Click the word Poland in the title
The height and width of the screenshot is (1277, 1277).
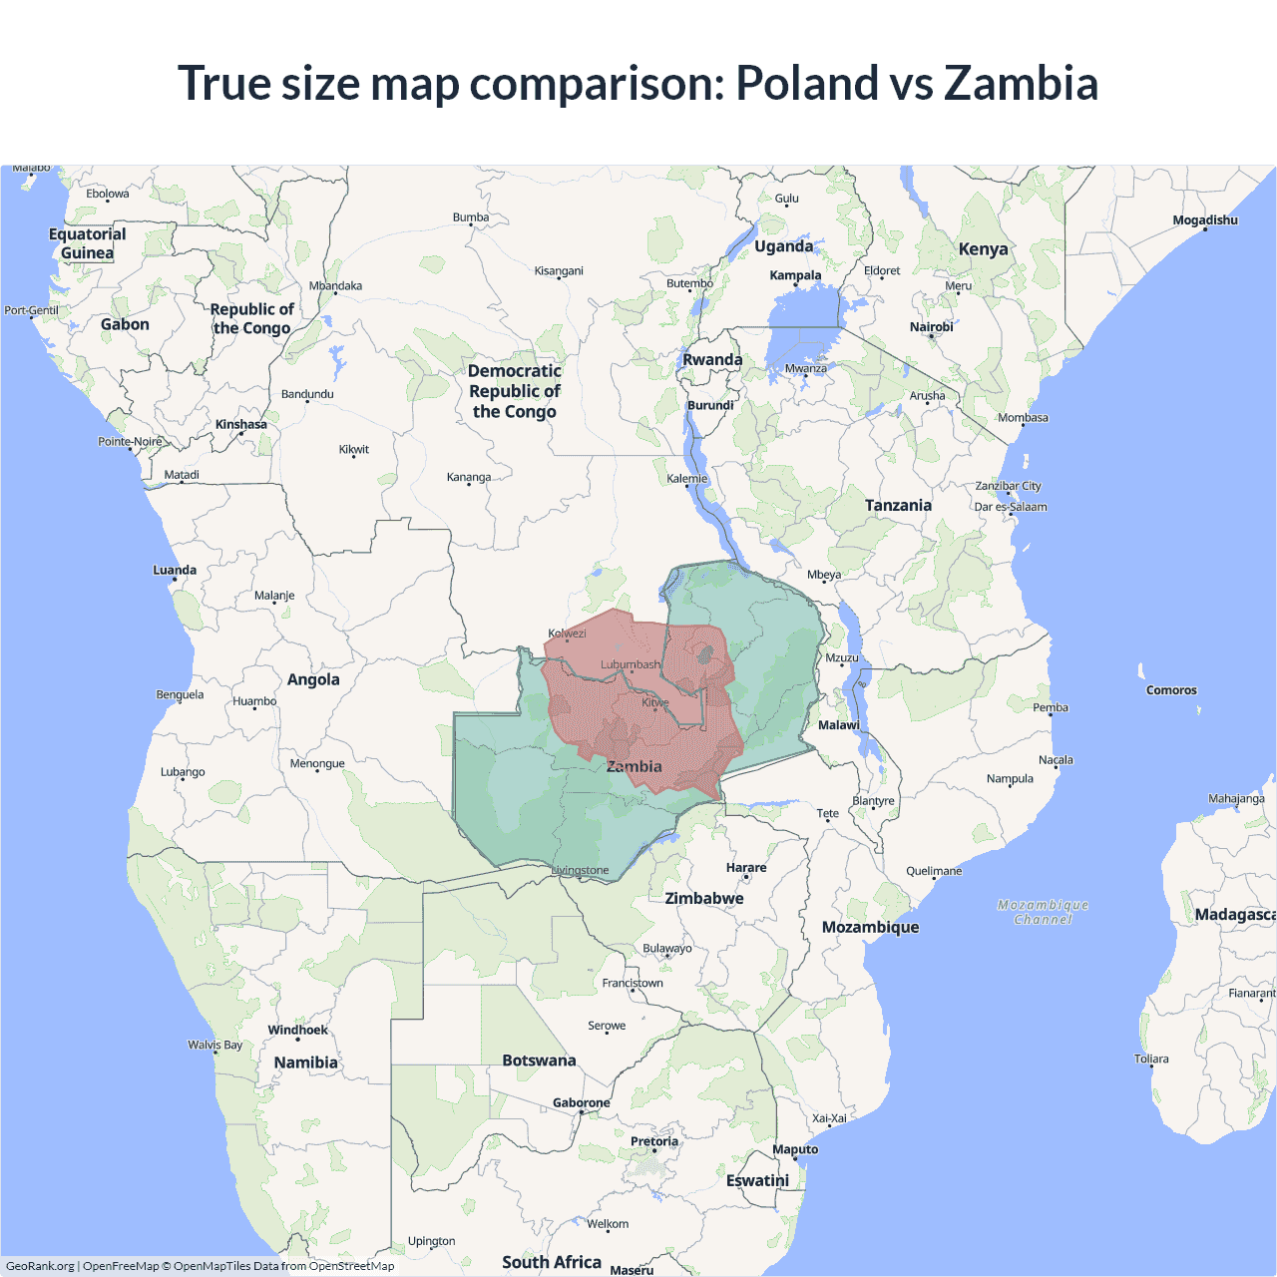tap(806, 83)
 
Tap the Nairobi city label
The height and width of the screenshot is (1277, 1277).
tap(931, 327)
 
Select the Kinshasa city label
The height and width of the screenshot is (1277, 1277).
tap(241, 424)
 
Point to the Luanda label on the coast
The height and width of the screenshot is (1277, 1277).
tap(175, 571)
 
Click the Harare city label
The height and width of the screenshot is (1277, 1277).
tap(746, 868)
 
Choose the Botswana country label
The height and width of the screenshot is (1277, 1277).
tap(539, 1061)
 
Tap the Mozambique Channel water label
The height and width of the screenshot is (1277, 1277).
tap(1043, 912)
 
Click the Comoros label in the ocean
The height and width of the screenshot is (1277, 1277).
tap(1171, 690)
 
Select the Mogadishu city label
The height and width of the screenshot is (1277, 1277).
tap(1205, 220)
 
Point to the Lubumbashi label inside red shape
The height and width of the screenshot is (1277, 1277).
tap(631, 664)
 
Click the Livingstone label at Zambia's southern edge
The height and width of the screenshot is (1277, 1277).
tap(581, 871)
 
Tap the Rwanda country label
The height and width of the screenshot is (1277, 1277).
tap(712, 360)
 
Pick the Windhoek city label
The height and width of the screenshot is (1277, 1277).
tap(297, 1031)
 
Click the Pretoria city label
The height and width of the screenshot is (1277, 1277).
tap(654, 1141)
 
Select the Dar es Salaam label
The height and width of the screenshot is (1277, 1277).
tap(1011, 507)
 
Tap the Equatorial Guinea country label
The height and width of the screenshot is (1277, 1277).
tap(88, 243)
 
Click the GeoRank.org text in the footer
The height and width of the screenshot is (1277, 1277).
tap(40, 1266)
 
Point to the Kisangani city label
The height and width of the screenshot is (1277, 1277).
tap(559, 271)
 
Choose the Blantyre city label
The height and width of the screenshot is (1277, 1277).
tap(874, 801)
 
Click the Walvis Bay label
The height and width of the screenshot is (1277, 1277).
tap(215, 1046)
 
